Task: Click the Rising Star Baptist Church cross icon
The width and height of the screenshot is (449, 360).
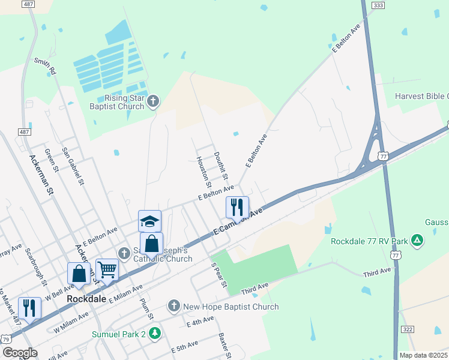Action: [x=153, y=101]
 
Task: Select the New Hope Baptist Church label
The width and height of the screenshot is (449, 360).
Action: [x=231, y=307]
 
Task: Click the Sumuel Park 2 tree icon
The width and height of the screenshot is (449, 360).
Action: [x=155, y=332]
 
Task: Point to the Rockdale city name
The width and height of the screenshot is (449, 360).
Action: [x=86, y=298]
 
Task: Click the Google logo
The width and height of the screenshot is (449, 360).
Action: [x=20, y=353]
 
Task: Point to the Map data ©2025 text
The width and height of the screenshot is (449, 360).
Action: [x=423, y=355]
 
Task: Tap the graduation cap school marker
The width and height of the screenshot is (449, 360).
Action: [x=149, y=220]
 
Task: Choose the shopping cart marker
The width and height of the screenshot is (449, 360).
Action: [x=106, y=269]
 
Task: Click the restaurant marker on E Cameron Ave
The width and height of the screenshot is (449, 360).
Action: [x=237, y=207]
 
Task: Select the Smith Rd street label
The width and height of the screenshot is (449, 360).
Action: [x=44, y=66]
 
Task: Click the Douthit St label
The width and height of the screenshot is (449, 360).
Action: [x=220, y=164]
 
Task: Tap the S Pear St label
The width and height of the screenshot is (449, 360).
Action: [x=217, y=274]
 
